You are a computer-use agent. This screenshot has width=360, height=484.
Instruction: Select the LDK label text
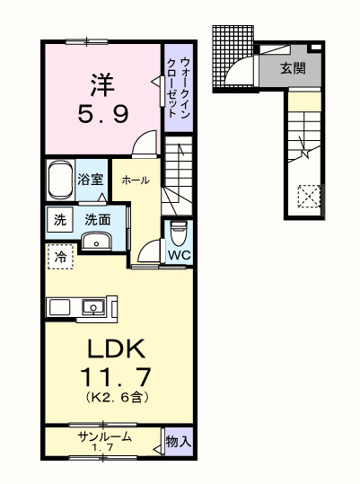tap(117, 348)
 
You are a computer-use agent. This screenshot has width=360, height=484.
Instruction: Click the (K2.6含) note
tap(117, 396)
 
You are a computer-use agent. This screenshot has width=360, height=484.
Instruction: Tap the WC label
tap(180, 254)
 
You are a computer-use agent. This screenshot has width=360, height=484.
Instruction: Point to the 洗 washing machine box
tap(58, 220)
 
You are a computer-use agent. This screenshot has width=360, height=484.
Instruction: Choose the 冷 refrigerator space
tap(58, 257)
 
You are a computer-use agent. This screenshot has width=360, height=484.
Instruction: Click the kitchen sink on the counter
tap(92, 307)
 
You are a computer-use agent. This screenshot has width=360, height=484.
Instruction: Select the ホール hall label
tap(135, 179)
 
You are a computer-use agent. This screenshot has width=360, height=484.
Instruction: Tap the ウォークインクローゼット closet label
tap(178, 84)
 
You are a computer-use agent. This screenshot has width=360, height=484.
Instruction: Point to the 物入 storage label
tap(178, 442)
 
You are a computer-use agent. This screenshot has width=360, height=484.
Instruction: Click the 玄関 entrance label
tap(286, 67)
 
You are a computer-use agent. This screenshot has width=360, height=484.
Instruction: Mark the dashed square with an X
tap(308, 195)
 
